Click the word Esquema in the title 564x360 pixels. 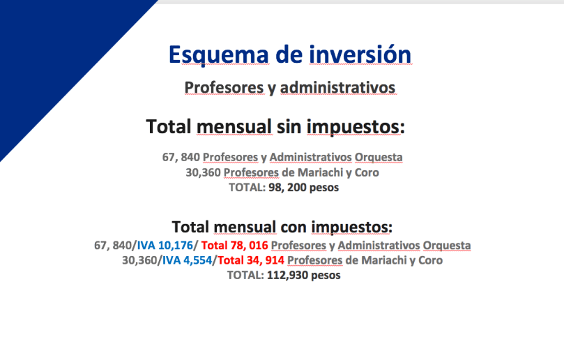[219, 55]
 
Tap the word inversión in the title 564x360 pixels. [360, 54]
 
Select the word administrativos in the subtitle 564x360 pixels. [337, 87]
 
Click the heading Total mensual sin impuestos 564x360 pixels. [275, 127]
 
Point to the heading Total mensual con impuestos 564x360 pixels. [282, 227]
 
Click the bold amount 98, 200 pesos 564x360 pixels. [303, 188]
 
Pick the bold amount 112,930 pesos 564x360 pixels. [303, 276]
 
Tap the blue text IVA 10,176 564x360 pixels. [165, 246]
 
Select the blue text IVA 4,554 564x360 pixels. [187, 260]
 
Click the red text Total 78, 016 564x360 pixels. [234, 246]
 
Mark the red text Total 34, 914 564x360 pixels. [251, 260]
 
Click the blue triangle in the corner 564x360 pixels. [54, 54]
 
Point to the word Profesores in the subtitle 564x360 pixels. [224, 87]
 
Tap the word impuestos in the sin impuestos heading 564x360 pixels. [356, 128]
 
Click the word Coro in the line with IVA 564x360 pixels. [431, 260]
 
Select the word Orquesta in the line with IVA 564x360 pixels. [447, 246]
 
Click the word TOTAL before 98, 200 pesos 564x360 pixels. [247, 188]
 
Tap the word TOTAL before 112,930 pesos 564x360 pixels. [245, 276]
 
